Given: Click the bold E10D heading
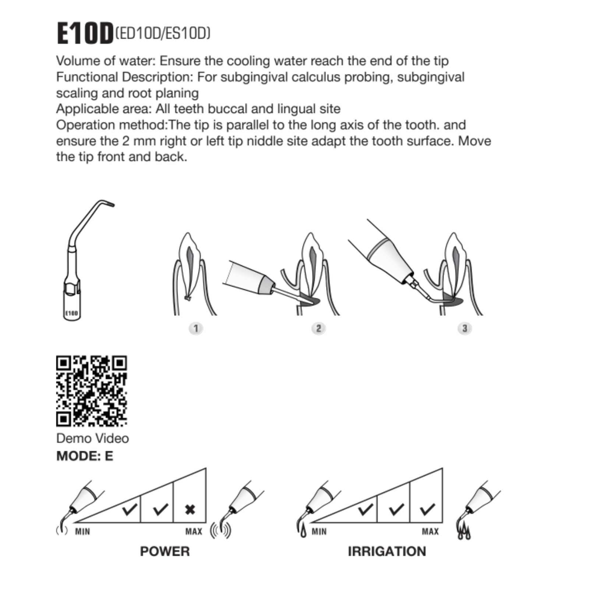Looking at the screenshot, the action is click(x=85, y=33).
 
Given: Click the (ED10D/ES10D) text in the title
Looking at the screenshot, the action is click(x=163, y=33).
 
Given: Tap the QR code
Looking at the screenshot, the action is click(x=92, y=391).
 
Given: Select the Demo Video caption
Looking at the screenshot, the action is click(x=93, y=438).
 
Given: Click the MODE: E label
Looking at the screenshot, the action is click(x=85, y=456).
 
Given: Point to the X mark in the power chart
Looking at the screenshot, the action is click(x=190, y=510).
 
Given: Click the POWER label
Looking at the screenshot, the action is click(x=165, y=551).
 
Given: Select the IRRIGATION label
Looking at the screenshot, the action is click(x=387, y=551).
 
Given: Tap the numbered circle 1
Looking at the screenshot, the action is click(x=196, y=328).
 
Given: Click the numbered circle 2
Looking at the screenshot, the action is click(x=318, y=328).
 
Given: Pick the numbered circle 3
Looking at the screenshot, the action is click(x=465, y=328).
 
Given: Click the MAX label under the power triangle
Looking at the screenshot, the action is click(x=194, y=532).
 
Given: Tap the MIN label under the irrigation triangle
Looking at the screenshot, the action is click(x=319, y=532).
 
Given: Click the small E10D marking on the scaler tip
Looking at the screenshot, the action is click(x=72, y=313).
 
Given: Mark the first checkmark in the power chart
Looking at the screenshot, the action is click(x=130, y=509).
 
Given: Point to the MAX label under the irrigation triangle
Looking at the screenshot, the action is click(x=430, y=532).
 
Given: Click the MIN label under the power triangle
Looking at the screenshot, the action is click(x=82, y=532).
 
